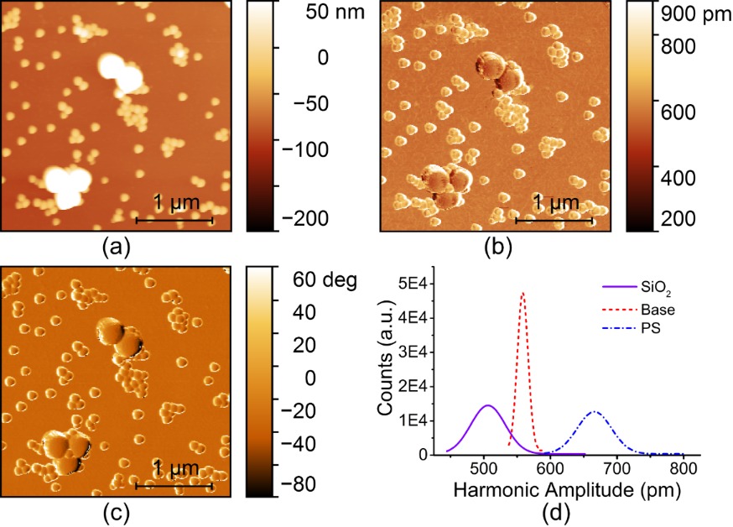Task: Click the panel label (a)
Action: pos(115,248)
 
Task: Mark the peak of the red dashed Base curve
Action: pos(523,293)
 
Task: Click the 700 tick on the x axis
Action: pos(617,466)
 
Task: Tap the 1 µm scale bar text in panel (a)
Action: pos(174,202)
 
